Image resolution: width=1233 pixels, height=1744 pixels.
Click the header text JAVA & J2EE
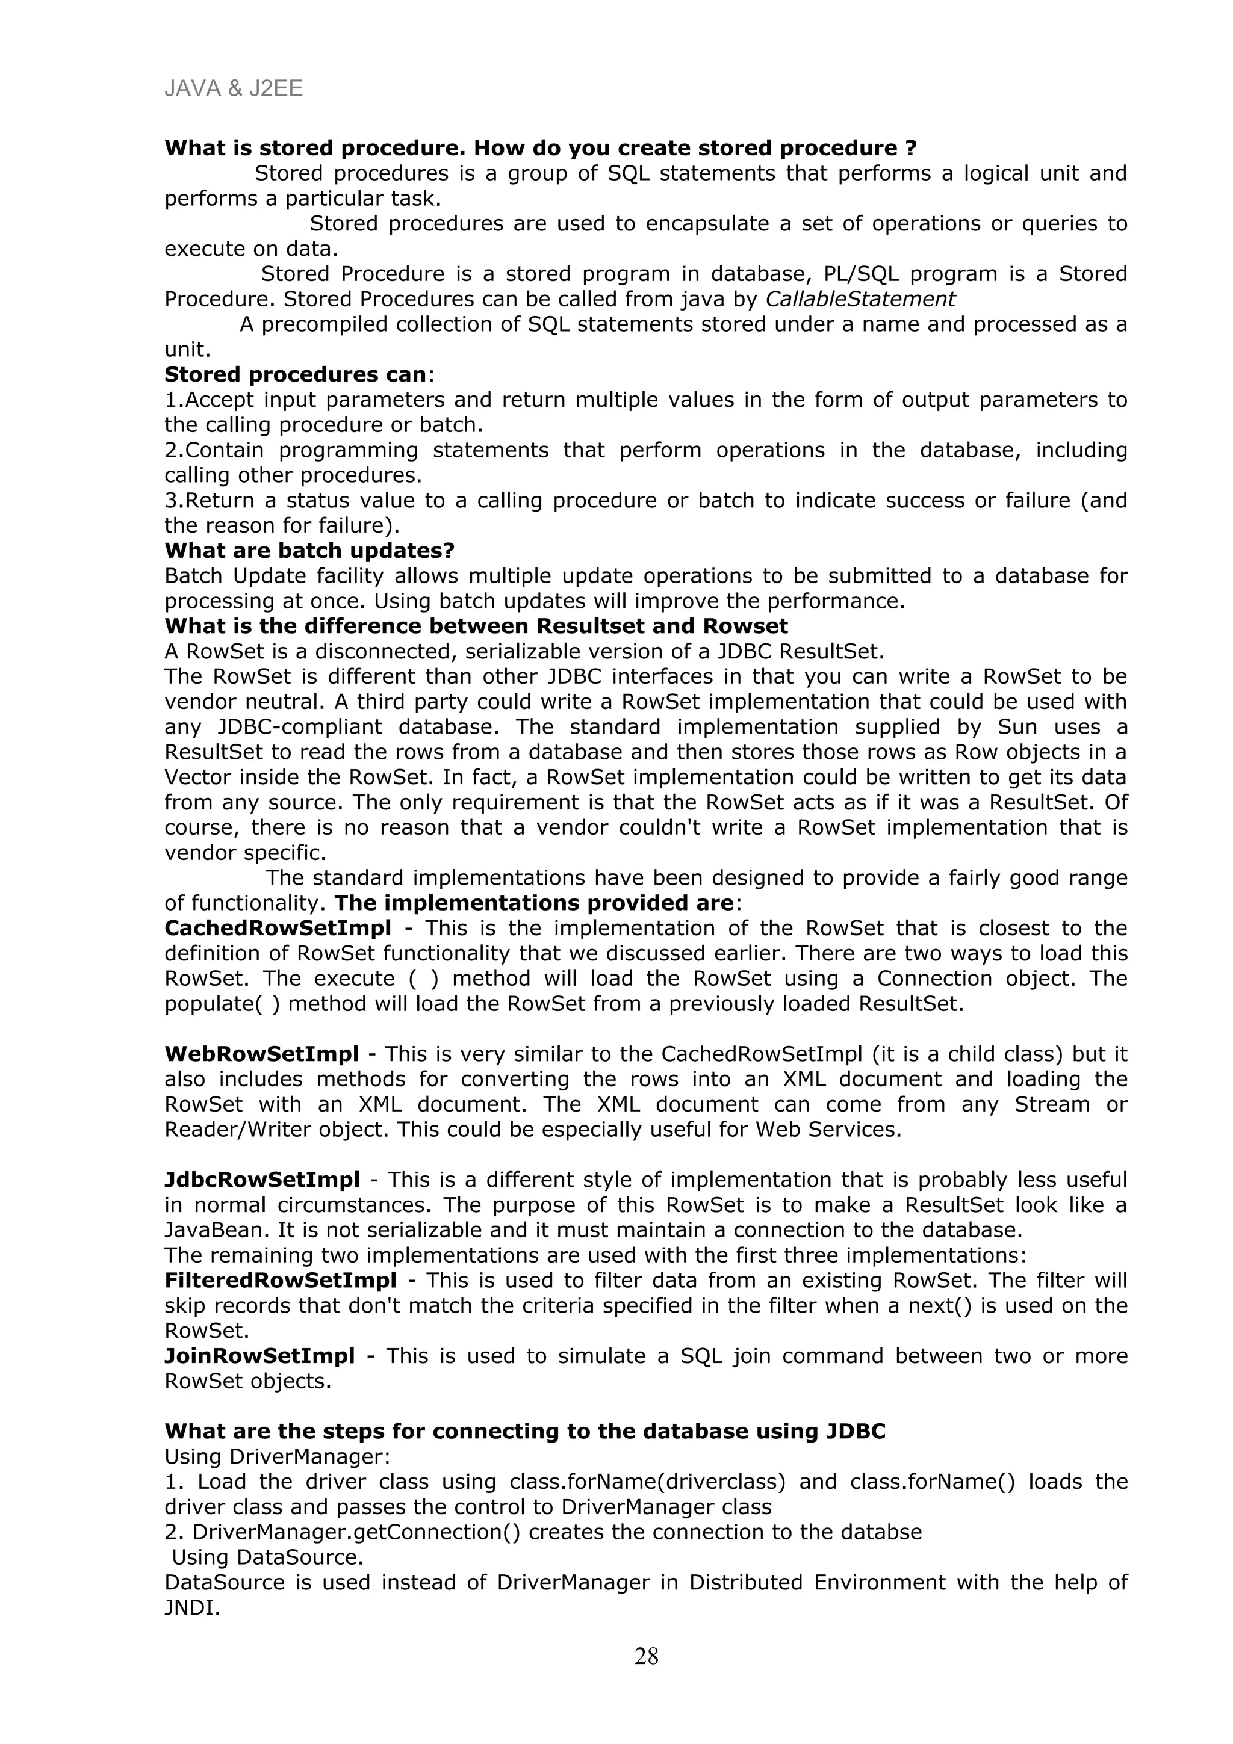pos(233,89)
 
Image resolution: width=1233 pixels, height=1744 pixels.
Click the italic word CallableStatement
pos(860,298)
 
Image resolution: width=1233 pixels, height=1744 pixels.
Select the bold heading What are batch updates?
pos(309,550)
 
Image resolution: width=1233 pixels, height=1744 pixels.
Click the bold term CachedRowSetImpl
pos(278,927)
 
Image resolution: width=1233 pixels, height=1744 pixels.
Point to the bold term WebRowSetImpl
pos(261,1054)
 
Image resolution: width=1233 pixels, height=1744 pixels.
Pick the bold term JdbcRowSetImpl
pos(262,1180)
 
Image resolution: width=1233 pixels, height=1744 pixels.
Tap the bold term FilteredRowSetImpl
pos(281,1280)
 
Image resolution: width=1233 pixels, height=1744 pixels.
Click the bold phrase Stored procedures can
pos(295,374)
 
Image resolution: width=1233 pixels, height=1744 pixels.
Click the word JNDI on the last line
pos(189,1608)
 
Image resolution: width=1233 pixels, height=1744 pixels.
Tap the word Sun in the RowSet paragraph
pos(1017,727)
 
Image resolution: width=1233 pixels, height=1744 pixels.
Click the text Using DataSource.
pos(267,1557)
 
